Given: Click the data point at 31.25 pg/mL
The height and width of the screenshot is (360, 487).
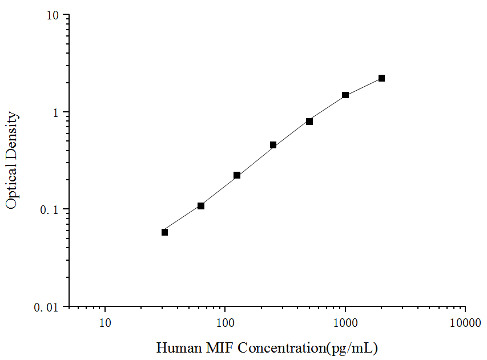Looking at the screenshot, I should [164, 232].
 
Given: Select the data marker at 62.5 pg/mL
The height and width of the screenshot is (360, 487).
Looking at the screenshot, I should [201, 205].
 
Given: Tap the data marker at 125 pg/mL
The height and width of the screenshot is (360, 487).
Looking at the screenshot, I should [237, 175].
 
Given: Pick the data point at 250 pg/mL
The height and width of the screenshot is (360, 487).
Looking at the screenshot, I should [273, 145].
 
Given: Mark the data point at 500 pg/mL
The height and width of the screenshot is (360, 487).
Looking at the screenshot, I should [309, 121].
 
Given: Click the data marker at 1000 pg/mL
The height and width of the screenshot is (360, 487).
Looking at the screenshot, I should [345, 95].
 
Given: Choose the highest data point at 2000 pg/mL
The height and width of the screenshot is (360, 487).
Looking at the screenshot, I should [381, 78].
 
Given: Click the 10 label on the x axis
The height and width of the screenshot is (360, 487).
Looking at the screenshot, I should [105, 323].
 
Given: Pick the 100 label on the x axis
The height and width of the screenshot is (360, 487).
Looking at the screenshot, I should [225, 323].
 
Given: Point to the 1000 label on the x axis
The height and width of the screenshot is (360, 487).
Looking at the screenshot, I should [345, 323].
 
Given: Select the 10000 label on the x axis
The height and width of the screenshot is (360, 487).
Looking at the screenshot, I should [465, 323].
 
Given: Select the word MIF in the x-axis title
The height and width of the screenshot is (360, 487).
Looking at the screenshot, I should [216, 347].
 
